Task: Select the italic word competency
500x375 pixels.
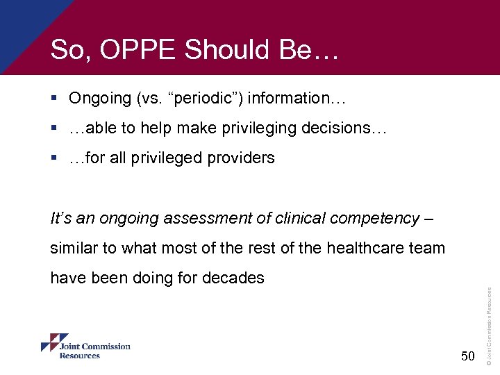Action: (375, 219)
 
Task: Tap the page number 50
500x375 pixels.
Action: (467, 356)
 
